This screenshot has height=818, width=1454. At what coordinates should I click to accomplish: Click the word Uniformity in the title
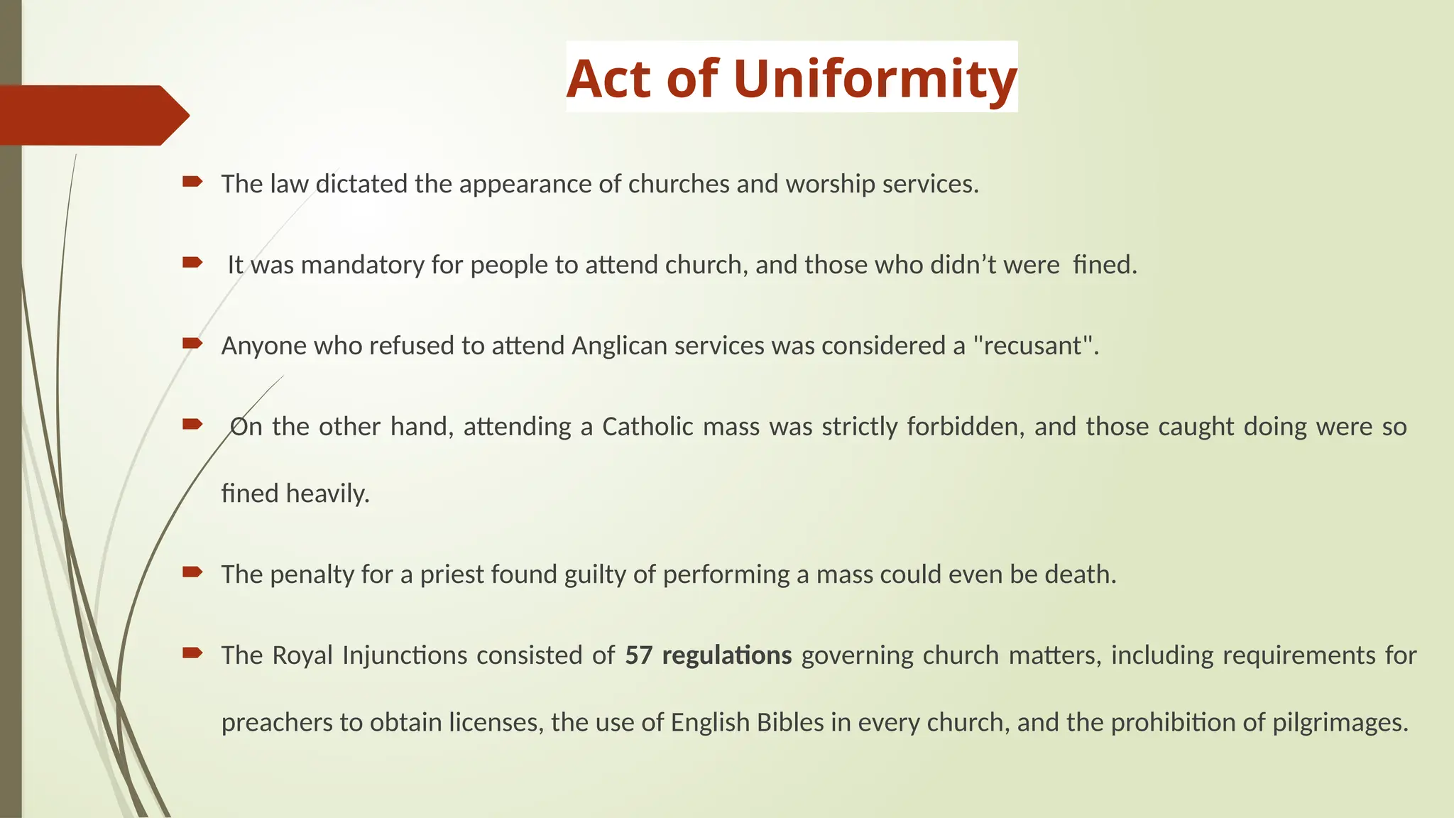click(x=875, y=79)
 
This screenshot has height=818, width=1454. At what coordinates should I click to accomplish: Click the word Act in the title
click(x=608, y=79)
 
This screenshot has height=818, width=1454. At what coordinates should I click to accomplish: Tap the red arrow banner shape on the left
click(x=92, y=115)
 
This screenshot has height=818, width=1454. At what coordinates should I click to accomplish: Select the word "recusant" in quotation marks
click(x=1032, y=346)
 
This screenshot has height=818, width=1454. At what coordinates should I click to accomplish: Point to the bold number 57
click(x=638, y=655)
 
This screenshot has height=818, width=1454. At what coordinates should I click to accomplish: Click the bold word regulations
click(x=726, y=655)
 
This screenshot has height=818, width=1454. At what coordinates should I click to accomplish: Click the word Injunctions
click(x=405, y=655)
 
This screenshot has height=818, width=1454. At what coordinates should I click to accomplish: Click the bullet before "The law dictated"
click(x=192, y=182)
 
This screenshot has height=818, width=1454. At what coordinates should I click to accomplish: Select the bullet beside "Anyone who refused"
click(x=192, y=344)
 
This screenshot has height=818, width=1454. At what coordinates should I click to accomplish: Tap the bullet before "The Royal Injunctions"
click(x=192, y=653)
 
